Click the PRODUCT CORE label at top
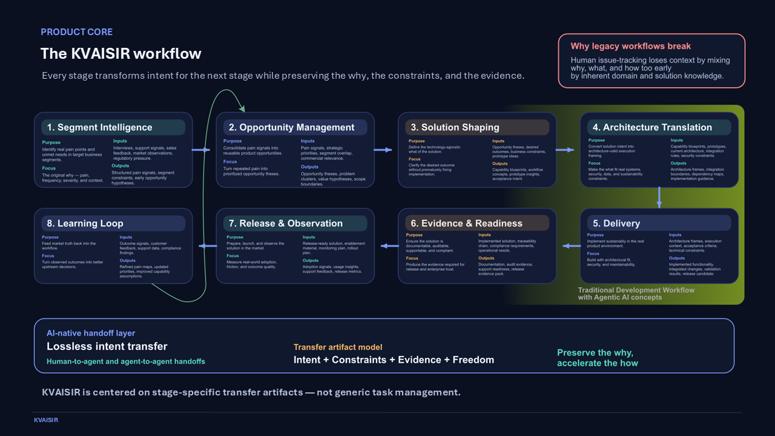pyautogui.click(x=76, y=32)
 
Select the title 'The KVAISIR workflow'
pyautogui.click(x=120, y=54)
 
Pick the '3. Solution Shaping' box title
pyautogui.click(x=455, y=127)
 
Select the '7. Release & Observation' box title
pyautogui.click(x=291, y=223)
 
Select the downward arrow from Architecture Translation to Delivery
pyautogui.click(x=659, y=197)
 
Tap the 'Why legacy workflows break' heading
pyautogui.click(x=630, y=46)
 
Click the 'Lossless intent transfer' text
pyautogui.click(x=107, y=346)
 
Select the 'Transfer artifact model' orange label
pyautogui.click(x=338, y=347)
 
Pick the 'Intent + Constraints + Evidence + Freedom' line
pyautogui.click(x=394, y=360)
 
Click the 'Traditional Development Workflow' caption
pyautogui.click(x=636, y=290)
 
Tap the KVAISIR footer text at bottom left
pyautogui.click(x=46, y=420)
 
